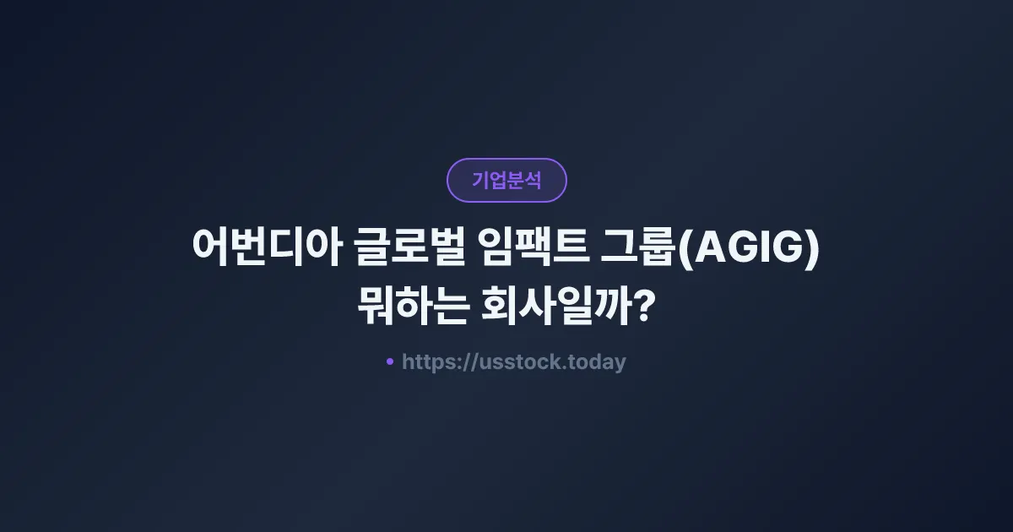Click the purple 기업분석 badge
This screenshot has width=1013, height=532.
pyautogui.click(x=506, y=180)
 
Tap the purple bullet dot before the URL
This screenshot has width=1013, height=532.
pyautogui.click(x=390, y=362)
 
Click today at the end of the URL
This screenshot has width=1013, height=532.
pyautogui.click(x=597, y=363)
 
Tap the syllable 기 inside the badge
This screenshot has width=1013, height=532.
pyautogui.click(x=479, y=180)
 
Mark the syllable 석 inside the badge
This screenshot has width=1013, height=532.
pyautogui.click(x=533, y=180)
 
